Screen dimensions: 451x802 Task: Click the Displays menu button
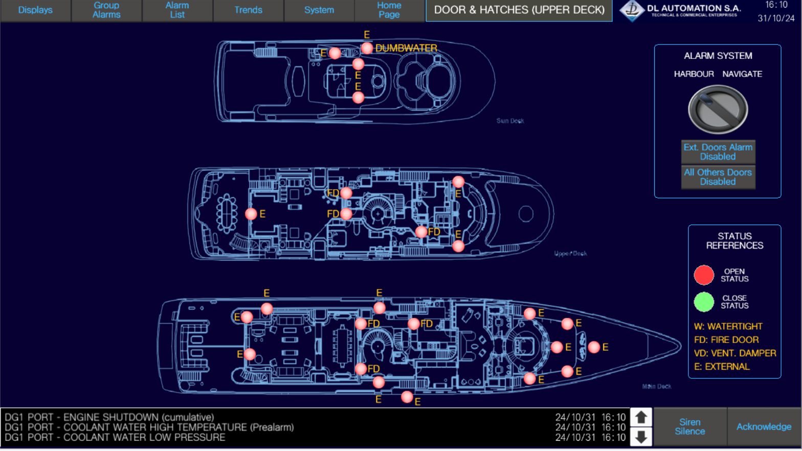click(35, 10)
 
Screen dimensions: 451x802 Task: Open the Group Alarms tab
click(106, 10)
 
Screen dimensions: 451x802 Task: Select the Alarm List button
click(177, 10)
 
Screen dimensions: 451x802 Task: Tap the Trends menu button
click(248, 10)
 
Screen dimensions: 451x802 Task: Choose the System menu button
click(319, 10)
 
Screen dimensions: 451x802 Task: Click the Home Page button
click(389, 10)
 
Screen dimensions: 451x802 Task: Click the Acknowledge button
click(764, 426)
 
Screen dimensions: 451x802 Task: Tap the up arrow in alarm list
click(641, 417)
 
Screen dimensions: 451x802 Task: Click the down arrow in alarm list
click(641, 437)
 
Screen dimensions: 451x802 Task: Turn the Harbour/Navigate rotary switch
click(718, 109)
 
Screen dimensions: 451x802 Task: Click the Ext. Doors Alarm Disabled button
click(718, 152)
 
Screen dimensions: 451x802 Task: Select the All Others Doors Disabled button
click(718, 177)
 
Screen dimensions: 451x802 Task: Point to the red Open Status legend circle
click(704, 275)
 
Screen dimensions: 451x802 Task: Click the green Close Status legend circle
click(704, 302)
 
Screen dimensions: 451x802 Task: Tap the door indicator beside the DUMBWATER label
click(367, 48)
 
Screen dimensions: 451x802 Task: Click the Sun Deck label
click(510, 121)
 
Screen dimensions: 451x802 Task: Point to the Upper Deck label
click(570, 253)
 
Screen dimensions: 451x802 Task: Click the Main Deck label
click(657, 386)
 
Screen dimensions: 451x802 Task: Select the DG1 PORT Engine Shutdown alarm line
click(109, 417)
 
